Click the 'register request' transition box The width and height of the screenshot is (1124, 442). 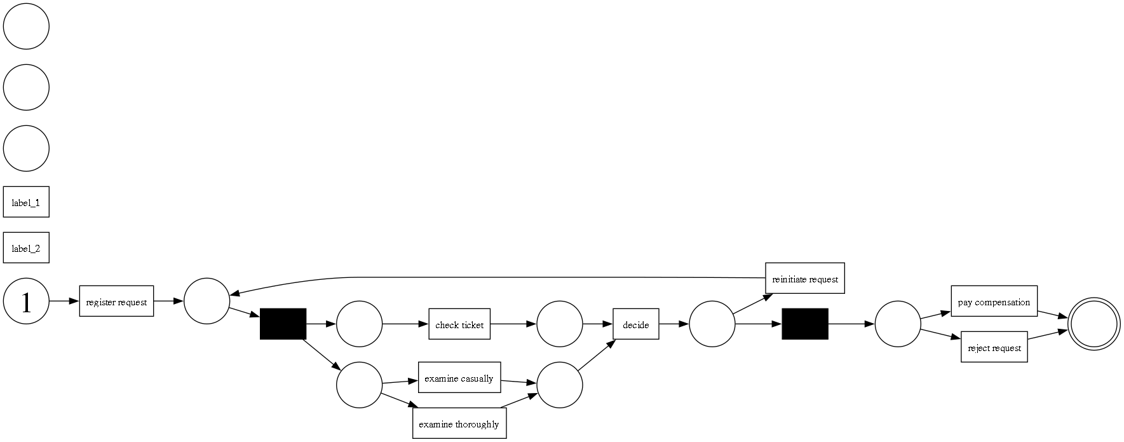[116, 301]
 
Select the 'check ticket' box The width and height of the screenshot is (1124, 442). [459, 324]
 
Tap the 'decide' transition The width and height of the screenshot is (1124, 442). [635, 324]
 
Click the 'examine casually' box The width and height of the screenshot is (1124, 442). [459, 378]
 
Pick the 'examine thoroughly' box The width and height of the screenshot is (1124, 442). [459, 424]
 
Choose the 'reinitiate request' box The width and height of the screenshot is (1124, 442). [804, 279]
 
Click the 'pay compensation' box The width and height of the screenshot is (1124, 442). [994, 301]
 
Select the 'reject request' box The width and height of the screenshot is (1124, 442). [994, 347]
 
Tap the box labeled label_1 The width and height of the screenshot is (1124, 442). [26, 202]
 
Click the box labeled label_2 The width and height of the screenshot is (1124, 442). [26, 248]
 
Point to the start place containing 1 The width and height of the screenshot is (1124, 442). [26, 301]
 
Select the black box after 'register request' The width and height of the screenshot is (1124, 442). [283, 324]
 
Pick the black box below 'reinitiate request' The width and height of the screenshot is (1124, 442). [804, 324]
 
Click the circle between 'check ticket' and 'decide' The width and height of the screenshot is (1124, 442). [559, 324]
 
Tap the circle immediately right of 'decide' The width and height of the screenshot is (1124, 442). [712, 324]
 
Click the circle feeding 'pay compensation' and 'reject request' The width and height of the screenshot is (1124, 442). [898, 324]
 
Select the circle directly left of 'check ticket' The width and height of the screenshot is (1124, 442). [359, 324]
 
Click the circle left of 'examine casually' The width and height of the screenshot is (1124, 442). [359, 385]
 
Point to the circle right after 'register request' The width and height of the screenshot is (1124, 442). [207, 301]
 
